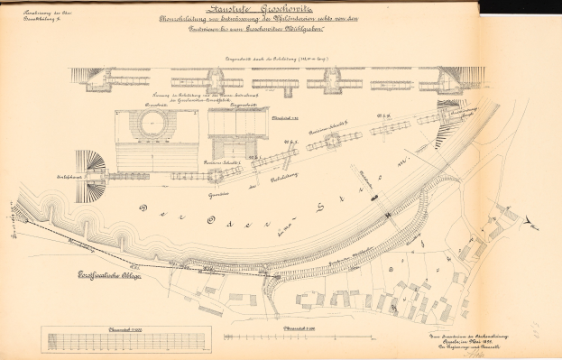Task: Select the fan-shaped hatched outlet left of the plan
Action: (x=92, y=171)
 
